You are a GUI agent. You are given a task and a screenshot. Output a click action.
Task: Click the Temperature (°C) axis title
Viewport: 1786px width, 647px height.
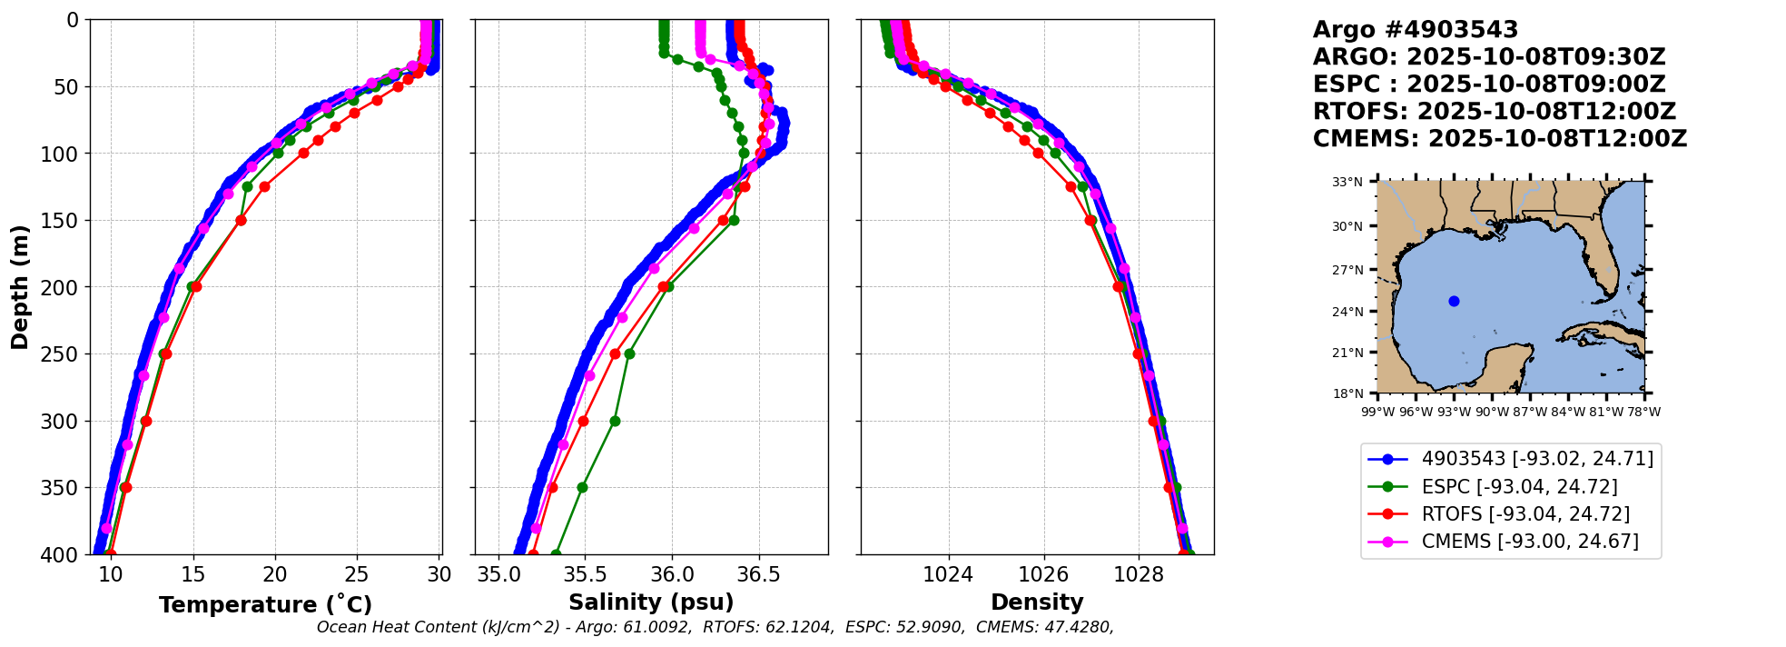[x=265, y=605]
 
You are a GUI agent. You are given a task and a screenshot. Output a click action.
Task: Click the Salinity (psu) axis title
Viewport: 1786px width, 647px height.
[x=651, y=602]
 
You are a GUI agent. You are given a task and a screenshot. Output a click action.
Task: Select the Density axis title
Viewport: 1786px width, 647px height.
[x=1037, y=602]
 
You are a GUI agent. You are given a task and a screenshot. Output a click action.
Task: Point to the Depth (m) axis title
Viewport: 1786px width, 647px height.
[x=20, y=286]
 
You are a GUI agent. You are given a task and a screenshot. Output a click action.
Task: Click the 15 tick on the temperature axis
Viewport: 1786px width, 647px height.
[x=192, y=574]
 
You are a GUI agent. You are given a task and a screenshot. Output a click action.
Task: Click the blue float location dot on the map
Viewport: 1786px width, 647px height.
[x=1454, y=301]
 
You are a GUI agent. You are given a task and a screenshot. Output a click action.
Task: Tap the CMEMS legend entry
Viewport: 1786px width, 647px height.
[x=1530, y=542]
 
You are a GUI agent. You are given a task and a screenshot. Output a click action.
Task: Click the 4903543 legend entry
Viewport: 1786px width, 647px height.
[x=1537, y=459]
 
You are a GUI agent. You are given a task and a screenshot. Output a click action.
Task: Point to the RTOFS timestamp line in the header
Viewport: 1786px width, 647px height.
[x=1494, y=112]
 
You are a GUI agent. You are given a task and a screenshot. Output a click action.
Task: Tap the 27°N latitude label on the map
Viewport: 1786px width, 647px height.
[x=1348, y=270]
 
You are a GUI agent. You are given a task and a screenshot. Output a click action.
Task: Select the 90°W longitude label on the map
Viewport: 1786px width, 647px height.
[x=1492, y=412]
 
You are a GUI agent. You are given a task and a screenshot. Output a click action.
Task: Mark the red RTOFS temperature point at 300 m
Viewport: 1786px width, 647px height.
[x=146, y=421]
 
